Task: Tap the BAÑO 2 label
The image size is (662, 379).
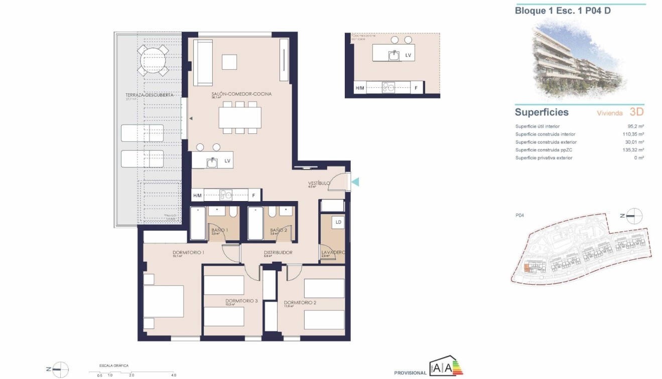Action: [278, 230]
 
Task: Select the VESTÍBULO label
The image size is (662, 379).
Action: [319, 183]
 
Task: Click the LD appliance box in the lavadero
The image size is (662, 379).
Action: [338, 222]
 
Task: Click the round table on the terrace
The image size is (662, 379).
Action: [153, 60]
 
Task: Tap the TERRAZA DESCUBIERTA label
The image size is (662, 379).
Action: [143, 95]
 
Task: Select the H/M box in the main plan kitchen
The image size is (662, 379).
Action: [197, 196]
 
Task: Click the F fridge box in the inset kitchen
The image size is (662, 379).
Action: [415, 88]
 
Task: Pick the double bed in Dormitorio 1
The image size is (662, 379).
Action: [164, 301]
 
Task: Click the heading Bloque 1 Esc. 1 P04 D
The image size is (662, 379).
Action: [563, 10]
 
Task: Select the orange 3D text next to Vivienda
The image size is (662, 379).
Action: [636, 112]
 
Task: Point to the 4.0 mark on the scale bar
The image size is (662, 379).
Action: [173, 374]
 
